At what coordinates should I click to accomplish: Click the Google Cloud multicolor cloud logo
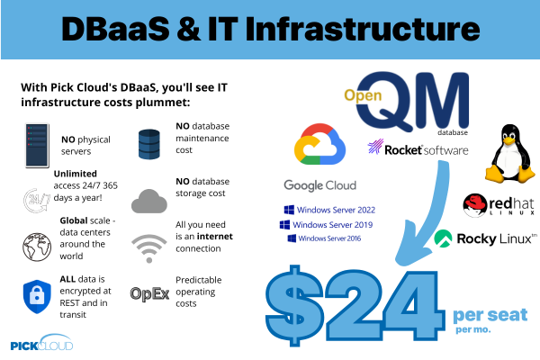[319, 144]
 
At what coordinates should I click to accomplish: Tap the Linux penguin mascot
[510, 154]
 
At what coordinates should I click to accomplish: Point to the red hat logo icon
[475, 205]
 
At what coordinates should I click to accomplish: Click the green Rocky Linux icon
[443, 238]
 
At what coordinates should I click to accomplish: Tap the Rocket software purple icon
[375, 147]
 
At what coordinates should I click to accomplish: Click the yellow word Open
[363, 95]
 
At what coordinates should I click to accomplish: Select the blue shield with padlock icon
[37, 296]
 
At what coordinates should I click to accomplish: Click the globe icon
[37, 247]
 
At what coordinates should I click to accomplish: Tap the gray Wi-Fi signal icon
[149, 248]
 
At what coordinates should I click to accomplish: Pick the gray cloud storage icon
[149, 202]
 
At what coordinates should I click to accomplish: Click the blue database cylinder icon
[149, 144]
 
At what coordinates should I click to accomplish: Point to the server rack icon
[37, 146]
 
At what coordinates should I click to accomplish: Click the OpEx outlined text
[149, 294]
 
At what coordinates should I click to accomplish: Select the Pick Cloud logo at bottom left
[41, 342]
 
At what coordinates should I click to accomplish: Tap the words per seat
[490, 315]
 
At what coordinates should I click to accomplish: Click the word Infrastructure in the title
[363, 29]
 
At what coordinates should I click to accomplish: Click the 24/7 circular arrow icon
[36, 200]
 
